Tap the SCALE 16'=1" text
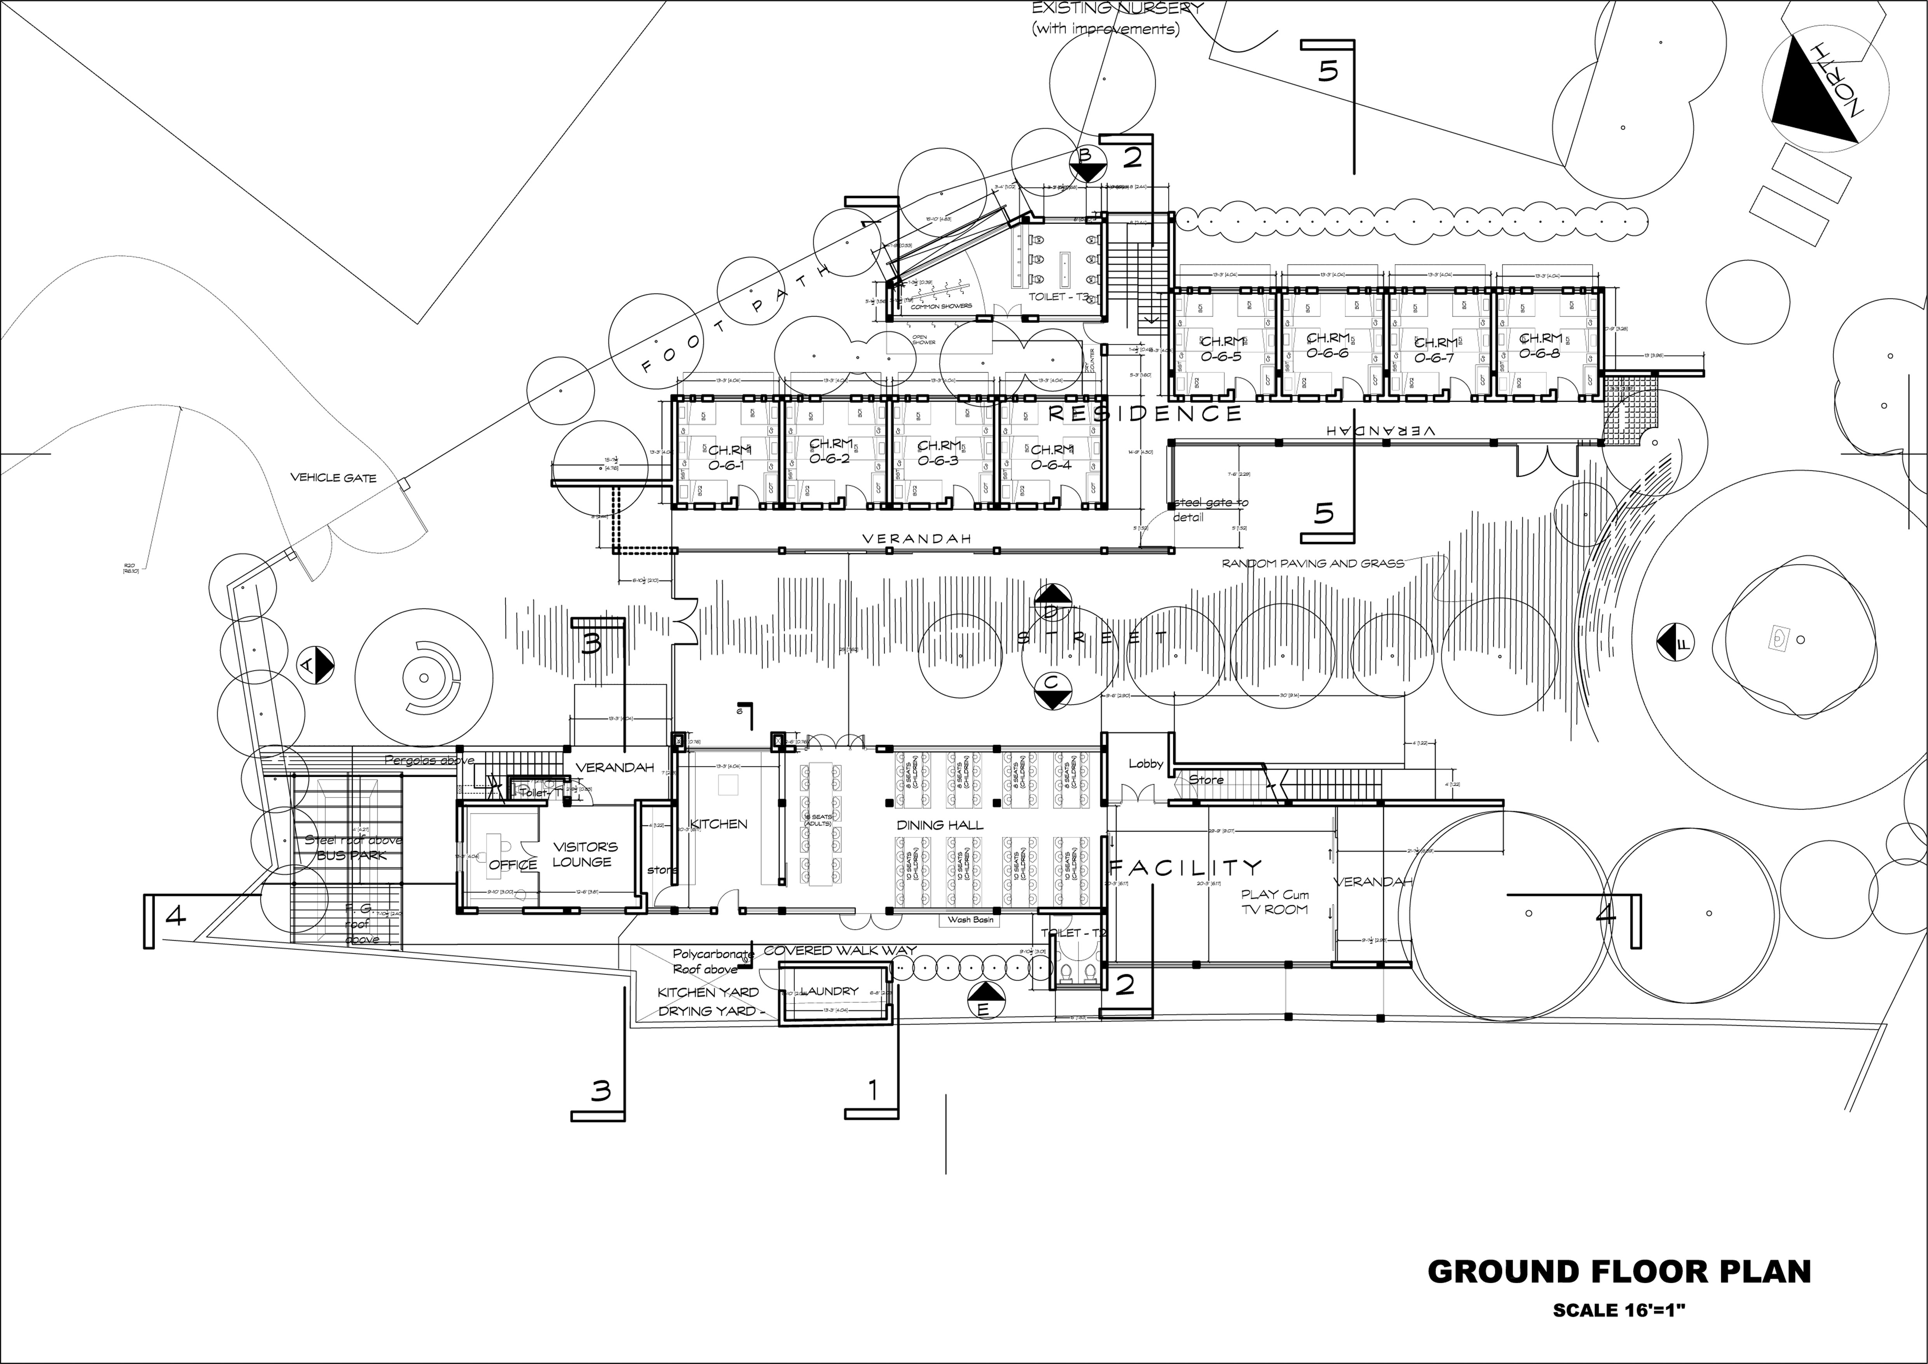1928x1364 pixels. [1619, 1310]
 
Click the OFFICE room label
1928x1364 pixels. [512, 864]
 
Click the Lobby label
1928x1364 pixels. [1145, 764]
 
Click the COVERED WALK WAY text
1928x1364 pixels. [840, 951]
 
